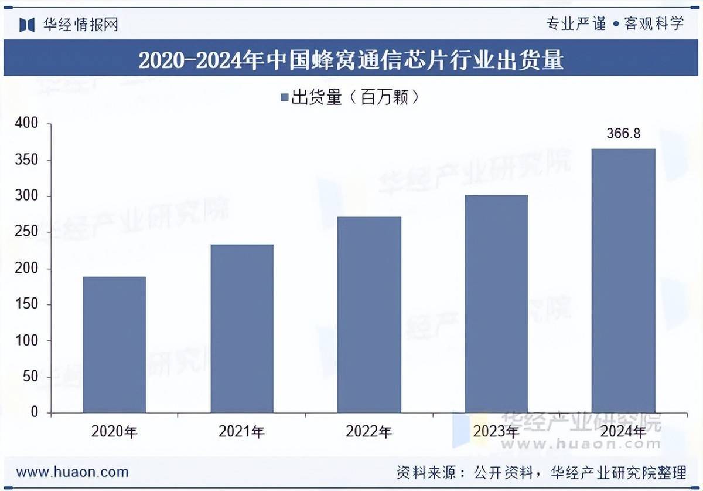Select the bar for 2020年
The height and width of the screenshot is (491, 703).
pos(114,344)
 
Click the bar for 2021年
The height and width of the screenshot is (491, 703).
pos(242,329)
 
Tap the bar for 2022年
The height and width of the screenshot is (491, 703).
pos(369,314)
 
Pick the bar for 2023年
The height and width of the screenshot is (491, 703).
pos(496,304)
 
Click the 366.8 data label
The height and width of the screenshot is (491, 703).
pos(623,134)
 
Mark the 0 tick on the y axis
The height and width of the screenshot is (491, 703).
pos(33,413)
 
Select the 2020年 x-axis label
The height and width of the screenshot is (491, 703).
pos(114,432)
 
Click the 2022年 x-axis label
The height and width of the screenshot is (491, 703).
pos(369,432)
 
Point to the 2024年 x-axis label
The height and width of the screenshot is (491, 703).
pos(623,432)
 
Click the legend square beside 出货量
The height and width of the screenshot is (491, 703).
pos(284,98)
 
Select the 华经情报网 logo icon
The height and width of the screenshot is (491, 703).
pos(27,24)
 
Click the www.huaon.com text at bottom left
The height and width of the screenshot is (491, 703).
pos(72,472)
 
